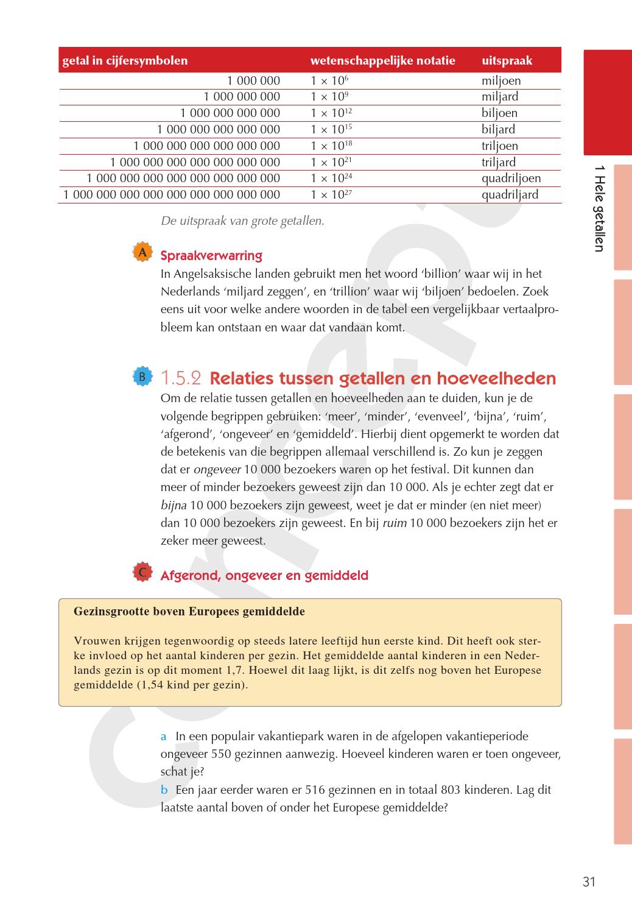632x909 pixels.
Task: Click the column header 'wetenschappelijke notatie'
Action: tap(382, 61)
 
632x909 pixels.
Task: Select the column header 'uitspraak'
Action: tap(507, 61)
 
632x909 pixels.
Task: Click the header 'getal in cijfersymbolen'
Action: tap(125, 61)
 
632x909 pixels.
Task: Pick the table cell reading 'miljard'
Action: tap(500, 97)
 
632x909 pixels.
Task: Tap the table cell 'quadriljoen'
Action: tap(511, 179)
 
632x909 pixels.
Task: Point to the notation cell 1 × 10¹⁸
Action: tap(331, 146)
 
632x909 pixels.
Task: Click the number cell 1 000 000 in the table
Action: tap(253, 80)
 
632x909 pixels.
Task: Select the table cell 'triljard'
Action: tap(498, 162)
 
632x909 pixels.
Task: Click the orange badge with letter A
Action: tap(142, 253)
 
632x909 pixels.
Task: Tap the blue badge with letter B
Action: tap(142, 377)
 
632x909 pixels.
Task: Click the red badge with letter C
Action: tap(142, 572)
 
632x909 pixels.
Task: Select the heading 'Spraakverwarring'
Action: tap(211, 256)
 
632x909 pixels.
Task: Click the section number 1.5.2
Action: tap(181, 378)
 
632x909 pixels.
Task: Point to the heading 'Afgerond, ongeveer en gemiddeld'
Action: tap(264, 576)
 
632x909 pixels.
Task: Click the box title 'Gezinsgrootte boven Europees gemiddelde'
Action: tap(189, 612)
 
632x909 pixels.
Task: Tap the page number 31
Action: tap(589, 882)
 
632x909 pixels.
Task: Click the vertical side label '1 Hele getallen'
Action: tap(599, 208)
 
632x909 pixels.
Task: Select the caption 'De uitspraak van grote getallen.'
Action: tap(242, 221)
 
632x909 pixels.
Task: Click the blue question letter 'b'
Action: tap(164, 790)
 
